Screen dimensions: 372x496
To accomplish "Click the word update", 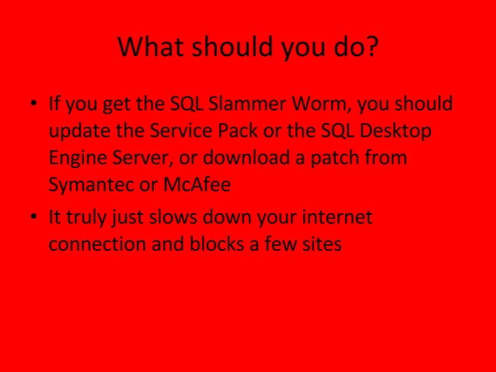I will point(76,131).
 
